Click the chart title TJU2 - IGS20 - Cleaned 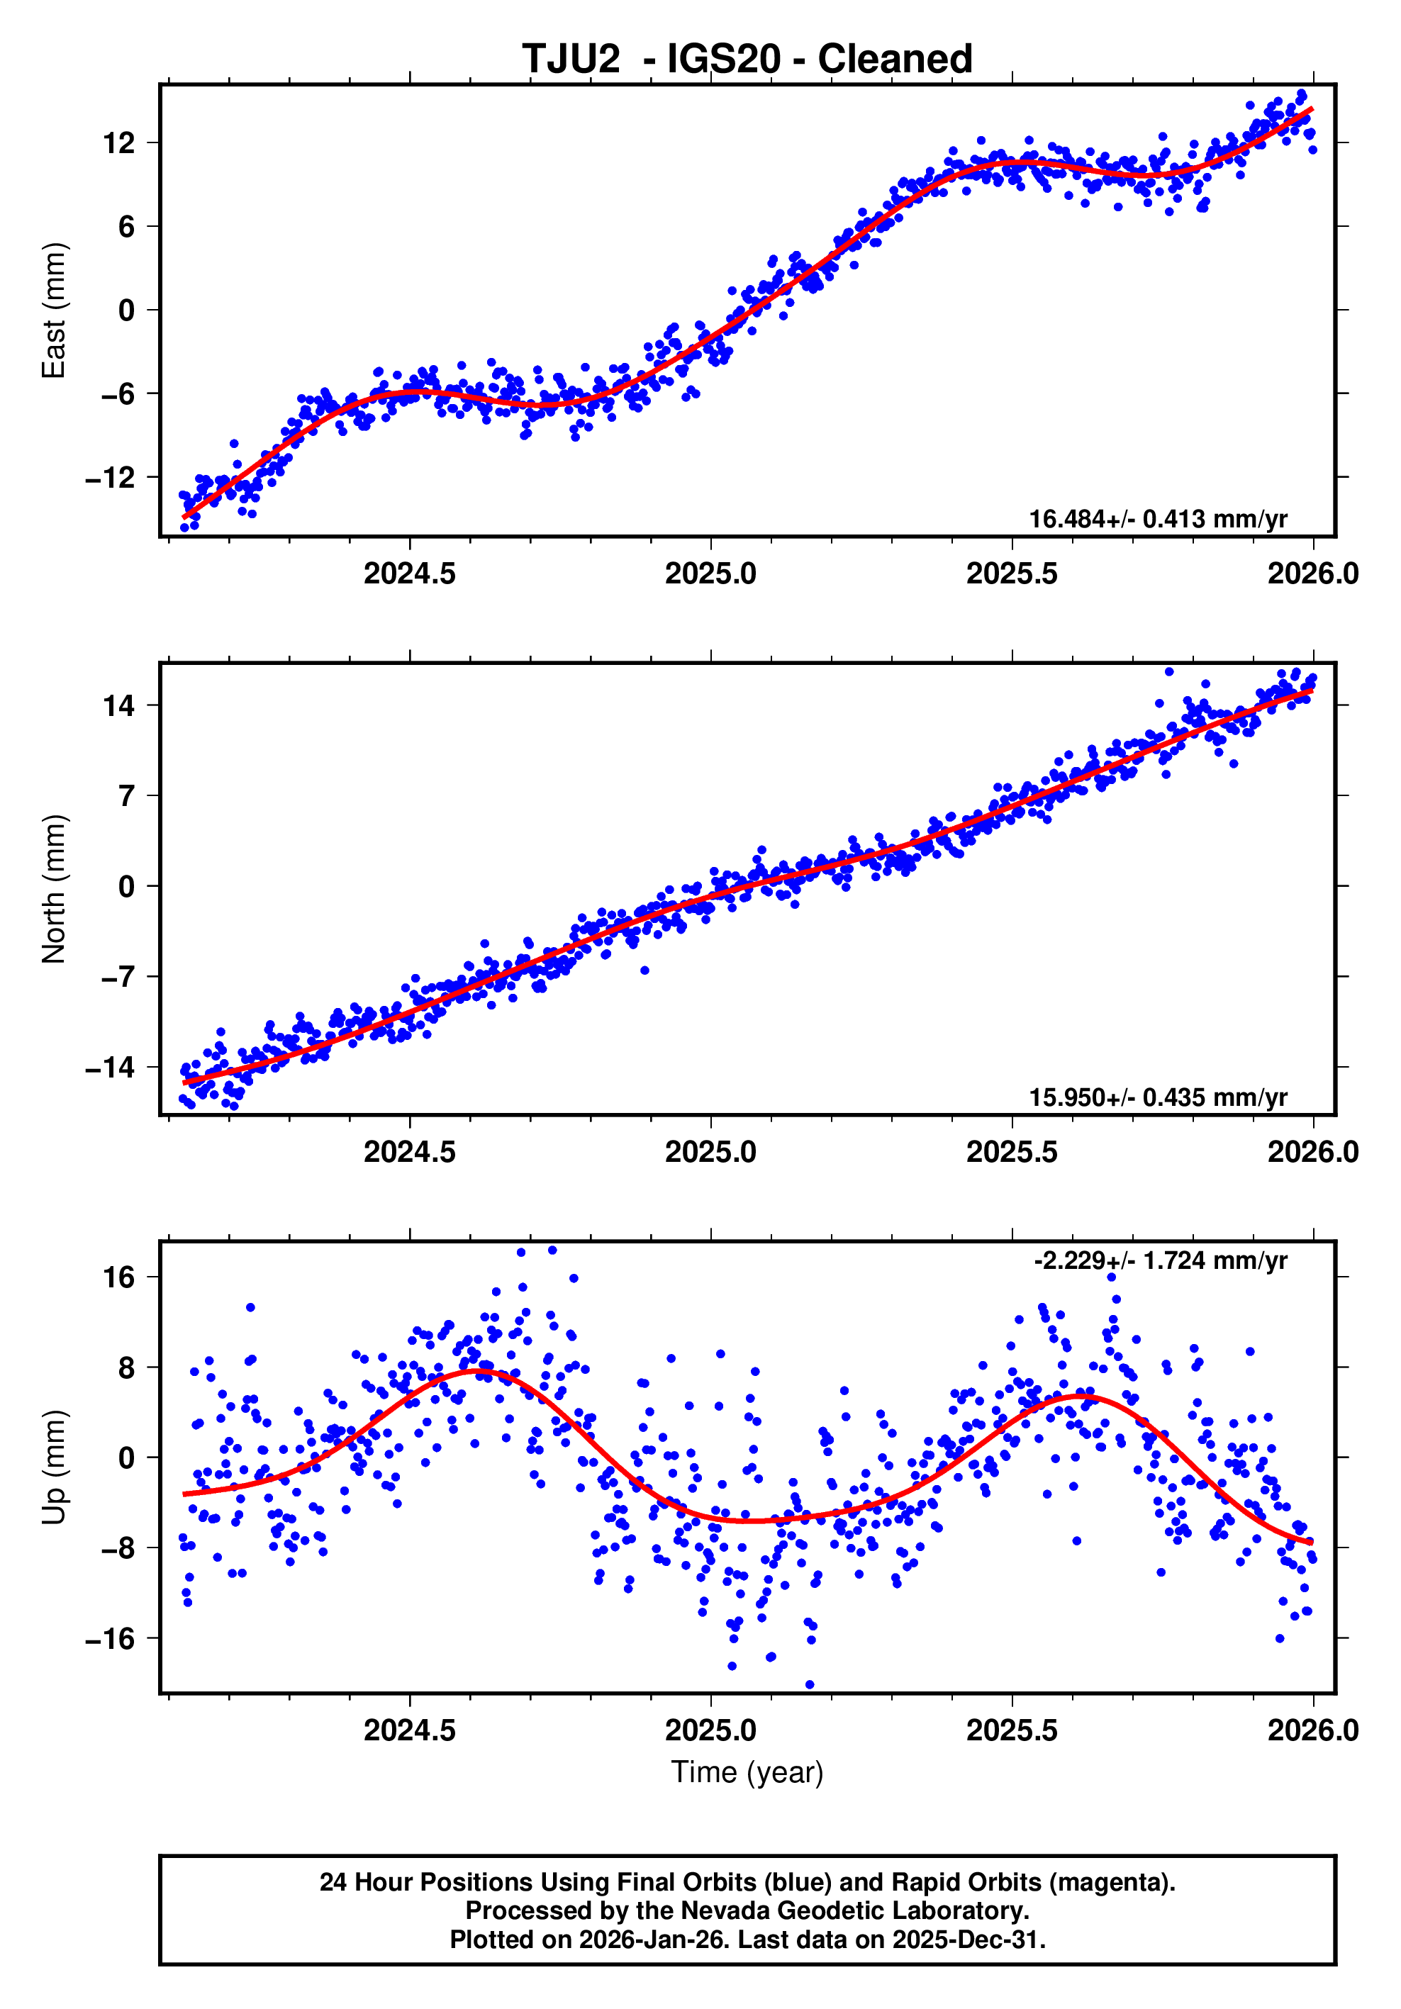tap(747, 60)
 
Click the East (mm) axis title tap(55, 310)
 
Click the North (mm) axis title tap(55, 888)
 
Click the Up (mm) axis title tap(55, 1467)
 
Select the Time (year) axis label tap(747, 1772)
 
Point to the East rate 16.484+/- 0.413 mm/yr tap(1157, 519)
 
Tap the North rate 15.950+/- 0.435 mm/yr tap(1157, 1097)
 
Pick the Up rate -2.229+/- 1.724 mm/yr tap(1159, 1261)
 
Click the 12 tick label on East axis tap(119, 142)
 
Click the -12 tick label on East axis tap(111, 478)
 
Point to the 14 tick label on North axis tap(119, 705)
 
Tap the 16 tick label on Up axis tap(119, 1277)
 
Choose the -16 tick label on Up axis tap(111, 1639)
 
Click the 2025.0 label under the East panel tap(710, 574)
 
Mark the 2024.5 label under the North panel tap(410, 1153)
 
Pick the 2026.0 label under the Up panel tap(1312, 1730)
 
